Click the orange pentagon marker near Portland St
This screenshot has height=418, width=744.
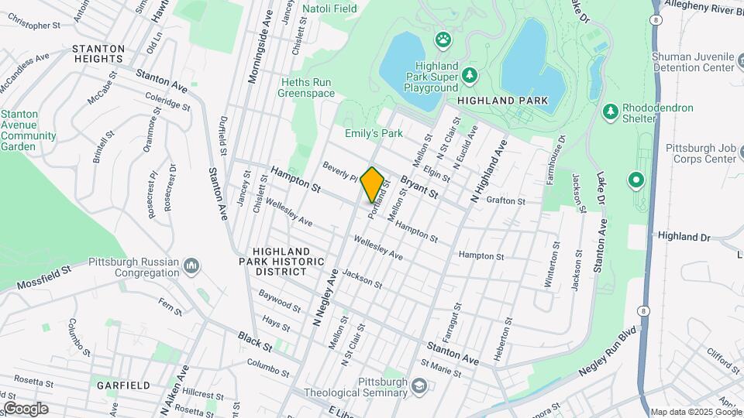[x=373, y=184]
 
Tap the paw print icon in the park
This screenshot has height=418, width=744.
[x=443, y=38]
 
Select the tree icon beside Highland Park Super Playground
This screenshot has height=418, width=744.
[x=468, y=75]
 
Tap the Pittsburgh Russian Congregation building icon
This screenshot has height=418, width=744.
[x=192, y=267]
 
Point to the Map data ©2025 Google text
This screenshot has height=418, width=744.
[x=695, y=412]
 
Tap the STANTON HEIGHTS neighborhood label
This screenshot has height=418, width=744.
[x=98, y=54]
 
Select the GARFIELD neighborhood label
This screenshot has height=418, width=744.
[x=123, y=385]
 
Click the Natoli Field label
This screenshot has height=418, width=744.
[x=329, y=9]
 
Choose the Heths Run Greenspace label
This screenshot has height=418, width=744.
[x=308, y=88]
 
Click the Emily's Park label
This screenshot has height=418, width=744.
[x=374, y=133]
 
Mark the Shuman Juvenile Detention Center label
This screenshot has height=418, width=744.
[x=703, y=62]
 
